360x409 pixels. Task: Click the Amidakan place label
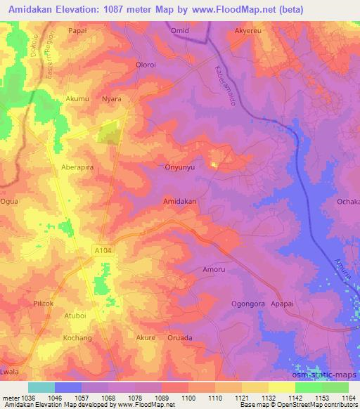coord(179,201)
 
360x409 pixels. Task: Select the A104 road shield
coord(103,249)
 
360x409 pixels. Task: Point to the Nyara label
coord(112,100)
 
